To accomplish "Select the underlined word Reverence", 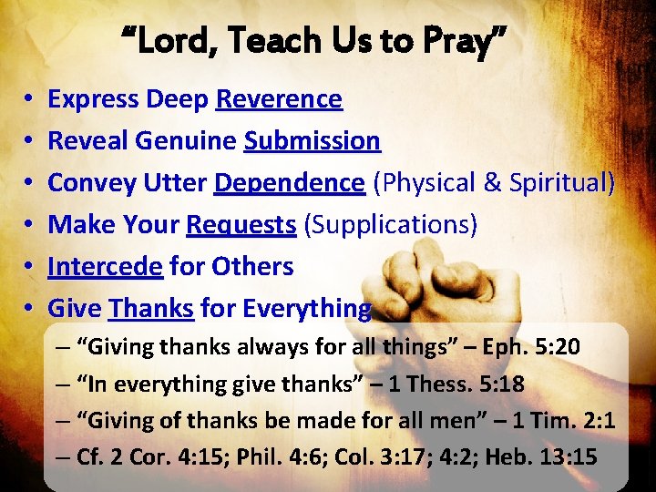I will point(279,98).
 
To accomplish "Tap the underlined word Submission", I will point(312,140).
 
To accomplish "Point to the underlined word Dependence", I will point(289,182).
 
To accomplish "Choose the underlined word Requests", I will point(241,224).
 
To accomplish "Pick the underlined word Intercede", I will point(105,266).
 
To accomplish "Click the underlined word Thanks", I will point(151,308).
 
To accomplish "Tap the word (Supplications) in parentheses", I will point(391,224).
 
